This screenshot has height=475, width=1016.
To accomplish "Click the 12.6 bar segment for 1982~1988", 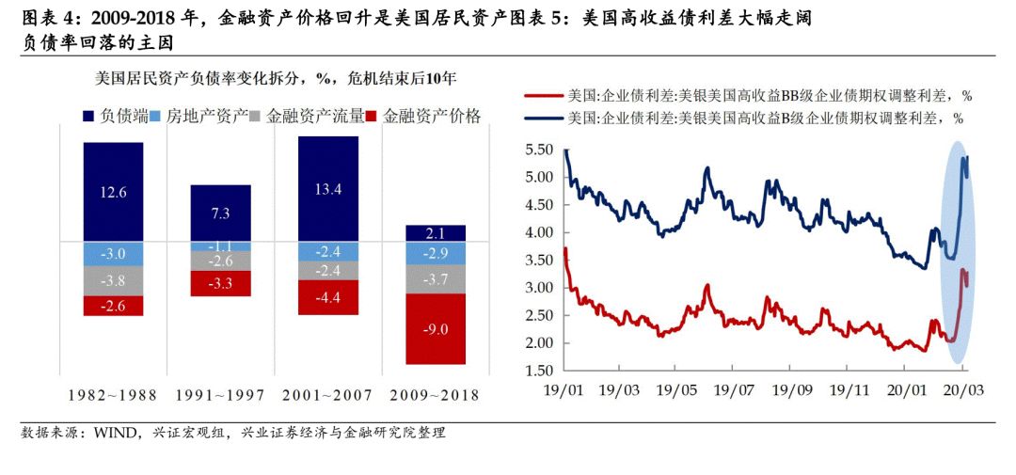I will [113, 192].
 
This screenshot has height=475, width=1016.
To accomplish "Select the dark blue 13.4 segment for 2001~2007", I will [328, 188].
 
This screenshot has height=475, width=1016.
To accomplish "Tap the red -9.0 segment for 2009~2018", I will [436, 328].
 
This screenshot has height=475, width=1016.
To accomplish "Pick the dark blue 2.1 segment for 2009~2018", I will [436, 233].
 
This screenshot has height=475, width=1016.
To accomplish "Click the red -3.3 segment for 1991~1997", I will [220, 283].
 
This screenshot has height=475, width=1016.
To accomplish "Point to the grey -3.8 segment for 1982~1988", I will [113, 280].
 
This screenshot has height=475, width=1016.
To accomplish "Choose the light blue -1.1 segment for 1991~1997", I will [220, 246].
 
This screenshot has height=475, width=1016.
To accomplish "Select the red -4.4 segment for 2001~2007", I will [328, 297].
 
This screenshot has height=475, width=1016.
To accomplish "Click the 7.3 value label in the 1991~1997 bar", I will [220, 214].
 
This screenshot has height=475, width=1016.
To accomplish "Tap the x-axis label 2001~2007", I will [328, 395].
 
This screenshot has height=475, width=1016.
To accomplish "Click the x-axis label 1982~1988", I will [113, 395].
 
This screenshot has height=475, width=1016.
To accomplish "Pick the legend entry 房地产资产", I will [207, 117].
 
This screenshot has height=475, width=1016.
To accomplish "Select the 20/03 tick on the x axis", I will [962, 388].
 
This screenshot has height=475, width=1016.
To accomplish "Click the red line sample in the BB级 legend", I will [544, 96].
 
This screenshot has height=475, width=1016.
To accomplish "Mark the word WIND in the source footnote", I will [112, 434].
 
